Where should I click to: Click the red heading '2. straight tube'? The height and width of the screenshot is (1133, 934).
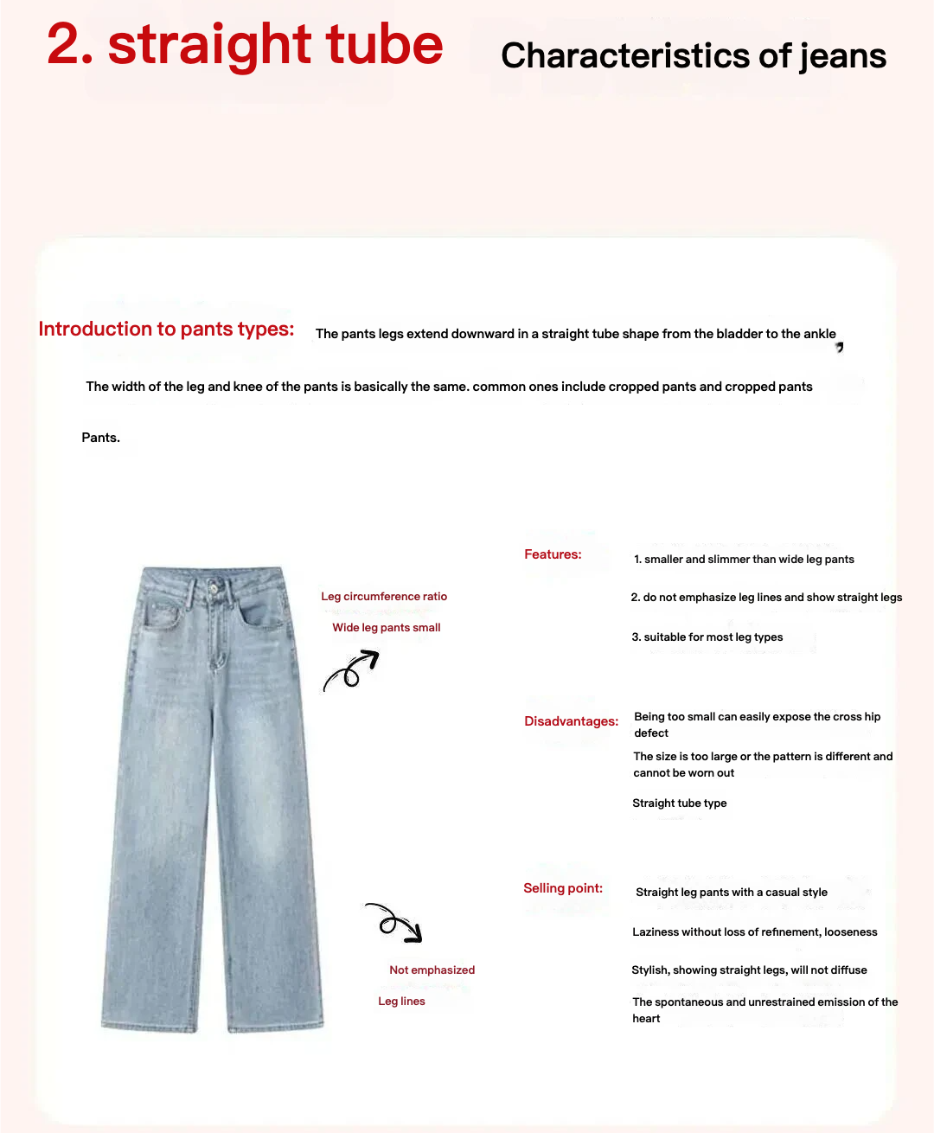[245, 45]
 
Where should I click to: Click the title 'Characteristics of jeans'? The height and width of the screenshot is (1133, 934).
[694, 56]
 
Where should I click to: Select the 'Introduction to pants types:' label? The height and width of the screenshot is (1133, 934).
[166, 330]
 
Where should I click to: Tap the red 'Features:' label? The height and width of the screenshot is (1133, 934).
[553, 554]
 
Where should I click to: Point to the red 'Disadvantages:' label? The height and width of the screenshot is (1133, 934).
[571, 721]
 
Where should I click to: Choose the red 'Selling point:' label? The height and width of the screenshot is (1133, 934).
[563, 888]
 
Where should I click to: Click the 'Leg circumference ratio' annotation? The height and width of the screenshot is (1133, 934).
[384, 597]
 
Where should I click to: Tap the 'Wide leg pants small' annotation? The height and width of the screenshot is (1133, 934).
[387, 628]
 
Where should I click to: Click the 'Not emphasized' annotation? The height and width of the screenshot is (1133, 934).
[432, 970]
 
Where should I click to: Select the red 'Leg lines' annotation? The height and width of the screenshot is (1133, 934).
[401, 1002]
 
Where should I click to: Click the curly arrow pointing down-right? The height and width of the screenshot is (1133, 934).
[394, 922]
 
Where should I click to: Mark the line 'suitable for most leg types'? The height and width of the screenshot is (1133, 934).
[707, 637]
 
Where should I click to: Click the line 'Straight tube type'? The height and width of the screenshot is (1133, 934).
[679, 803]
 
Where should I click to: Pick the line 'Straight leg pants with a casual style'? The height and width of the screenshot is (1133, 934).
[732, 893]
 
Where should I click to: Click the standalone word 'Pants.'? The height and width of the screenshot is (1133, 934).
[101, 438]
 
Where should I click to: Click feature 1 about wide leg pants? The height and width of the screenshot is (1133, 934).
[744, 560]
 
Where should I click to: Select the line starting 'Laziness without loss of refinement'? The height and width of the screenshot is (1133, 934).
[754, 932]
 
